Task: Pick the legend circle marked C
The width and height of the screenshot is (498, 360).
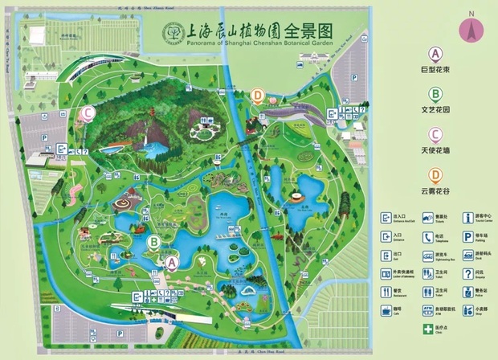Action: [435, 134]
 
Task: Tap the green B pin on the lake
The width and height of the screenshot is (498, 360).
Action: [153, 239]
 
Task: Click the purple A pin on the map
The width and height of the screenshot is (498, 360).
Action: [171, 260]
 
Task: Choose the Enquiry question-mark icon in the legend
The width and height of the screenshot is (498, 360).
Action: [468, 273]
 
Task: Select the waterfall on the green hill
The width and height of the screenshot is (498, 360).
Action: [145, 145]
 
